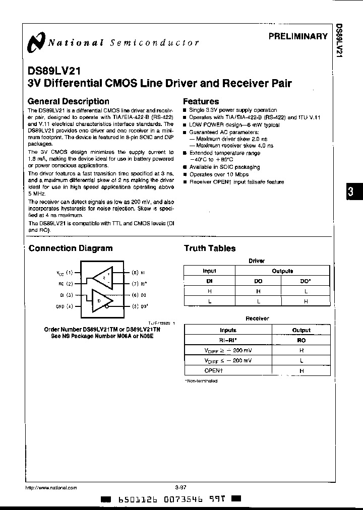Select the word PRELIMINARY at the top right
pyautogui.click(x=298, y=36)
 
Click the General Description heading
pyautogui.click(x=68, y=101)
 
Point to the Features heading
pyautogui.click(x=201, y=101)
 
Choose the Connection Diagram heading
pyautogui.click(x=71, y=248)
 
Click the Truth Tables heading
pyautogui.click(x=209, y=248)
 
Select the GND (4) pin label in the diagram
pyautogui.click(x=65, y=306)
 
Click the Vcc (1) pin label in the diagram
pyautogui.click(x=65, y=273)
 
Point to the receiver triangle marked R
pyautogui.click(x=103, y=277)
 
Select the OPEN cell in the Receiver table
pyautogui.click(x=228, y=371)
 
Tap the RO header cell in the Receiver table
pyautogui.click(x=301, y=340)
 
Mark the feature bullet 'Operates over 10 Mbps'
pyautogui.click(x=219, y=174)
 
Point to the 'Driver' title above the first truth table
pyautogui.click(x=257, y=261)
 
